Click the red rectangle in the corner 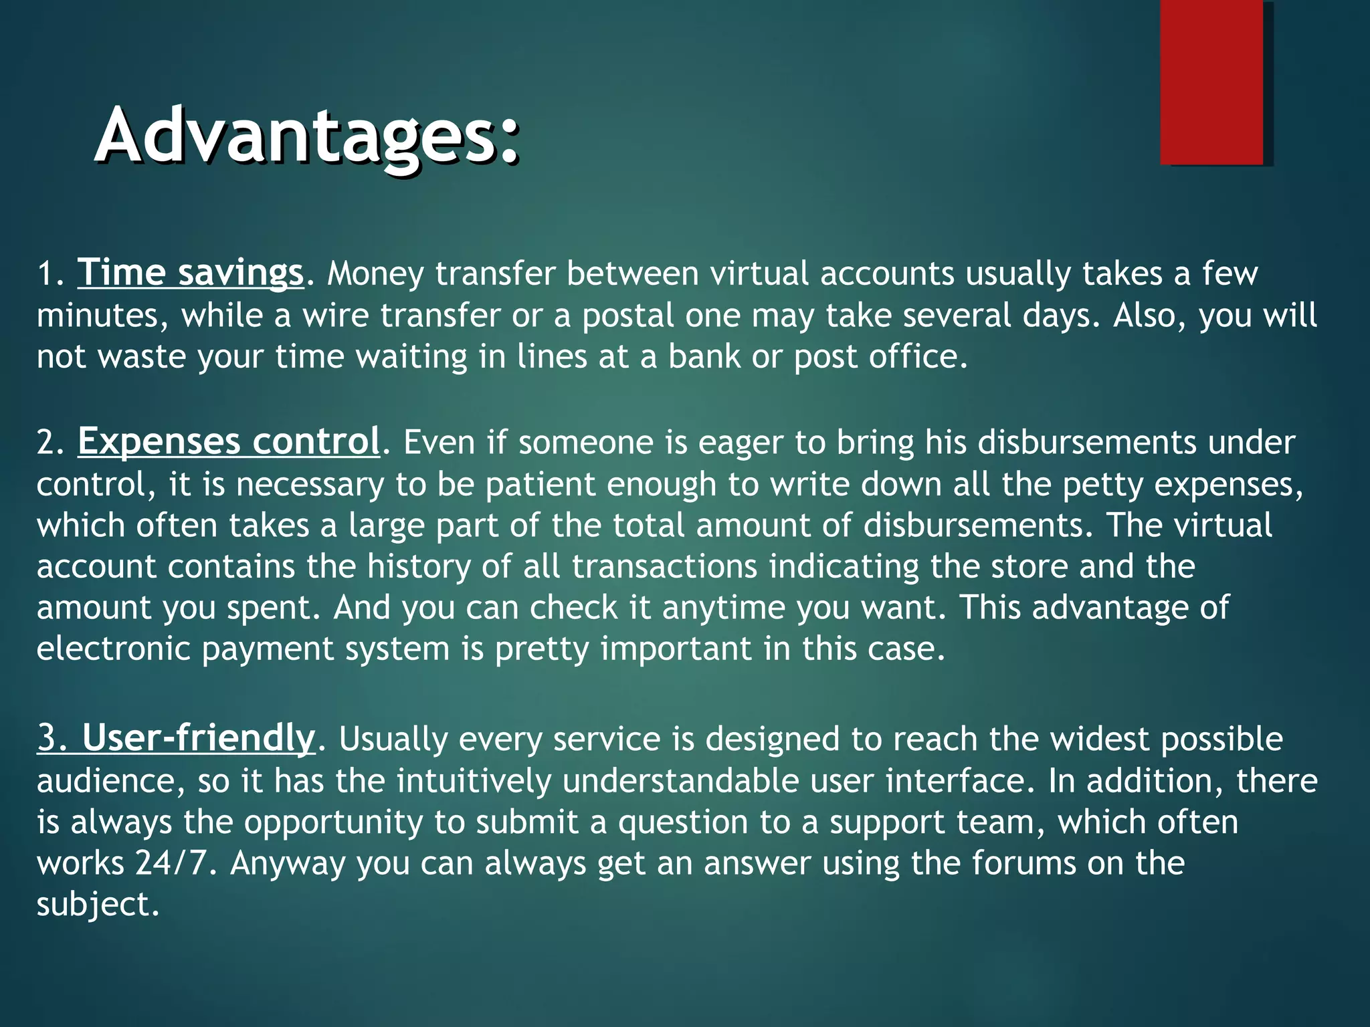(x=1211, y=82)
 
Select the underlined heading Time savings (x=191, y=273)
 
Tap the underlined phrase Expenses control (x=229, y=442)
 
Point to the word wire (x=335, y=315)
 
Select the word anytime (x=722, y=608)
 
